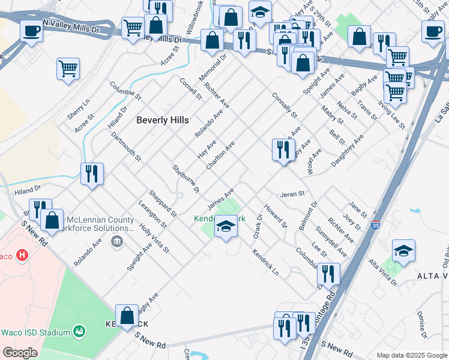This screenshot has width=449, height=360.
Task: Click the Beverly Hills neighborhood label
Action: [162, 119]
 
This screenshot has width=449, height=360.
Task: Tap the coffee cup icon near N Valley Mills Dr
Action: [31, 31]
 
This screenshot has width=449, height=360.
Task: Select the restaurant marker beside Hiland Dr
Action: [92, 174]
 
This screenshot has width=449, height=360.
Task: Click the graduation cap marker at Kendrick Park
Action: [226, 227]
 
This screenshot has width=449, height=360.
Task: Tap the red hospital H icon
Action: [22, 256]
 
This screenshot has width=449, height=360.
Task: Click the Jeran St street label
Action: [293, 194]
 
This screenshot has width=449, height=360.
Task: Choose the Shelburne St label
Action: [185, 179]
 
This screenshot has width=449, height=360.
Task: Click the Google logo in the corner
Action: [20, 353]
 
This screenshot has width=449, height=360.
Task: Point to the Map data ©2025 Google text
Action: [411, 355]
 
